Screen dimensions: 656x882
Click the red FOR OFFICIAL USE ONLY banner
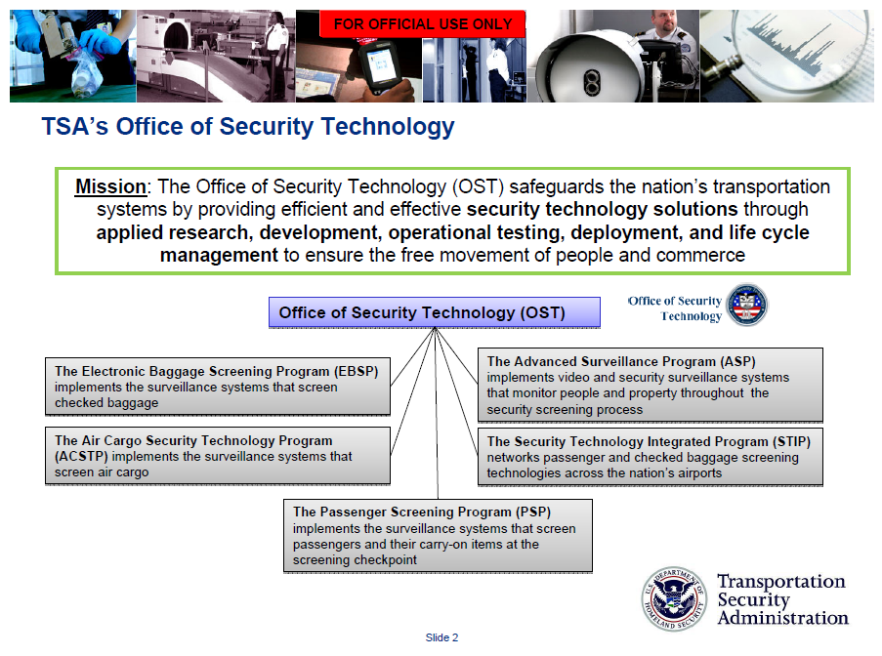click(x=423, y=24)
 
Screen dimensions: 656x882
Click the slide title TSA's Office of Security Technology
click(x=248, y=127)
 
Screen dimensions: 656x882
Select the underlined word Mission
click(x=110, y=186)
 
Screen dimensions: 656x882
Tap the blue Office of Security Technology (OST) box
click(x=434, y=313)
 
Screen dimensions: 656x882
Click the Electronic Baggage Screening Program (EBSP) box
click(x=217, y=387)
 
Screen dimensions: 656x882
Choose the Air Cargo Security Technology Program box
click(x=217, y=456)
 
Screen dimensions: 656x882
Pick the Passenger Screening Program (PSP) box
click(x=438, y=535)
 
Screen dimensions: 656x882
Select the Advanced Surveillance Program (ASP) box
click(x=650, y=385)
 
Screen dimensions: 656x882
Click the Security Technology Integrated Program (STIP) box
click(x=650, y=457)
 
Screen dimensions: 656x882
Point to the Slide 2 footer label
click(x=441, y=637)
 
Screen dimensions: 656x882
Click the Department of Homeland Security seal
click(x=672, y=597)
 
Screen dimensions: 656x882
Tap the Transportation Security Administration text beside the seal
click(x=781, y=599)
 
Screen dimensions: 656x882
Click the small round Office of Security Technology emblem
click(x=747, y=306)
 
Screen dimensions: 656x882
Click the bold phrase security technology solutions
click(x=602, y=210)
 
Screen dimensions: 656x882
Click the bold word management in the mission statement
click(x=220, y=256)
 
